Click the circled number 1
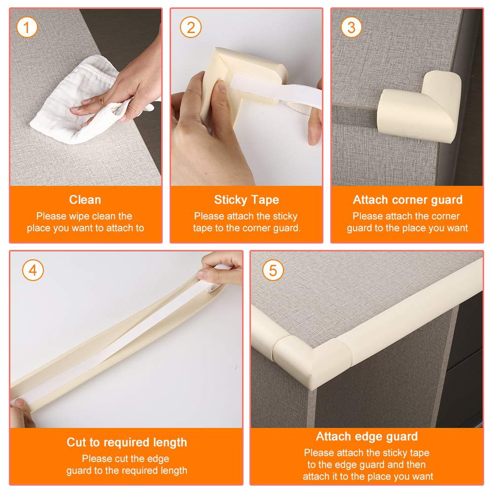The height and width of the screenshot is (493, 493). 27,27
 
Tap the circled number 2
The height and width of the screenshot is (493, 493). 190,27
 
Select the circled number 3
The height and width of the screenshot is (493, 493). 351,27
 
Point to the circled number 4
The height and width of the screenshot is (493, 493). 33,270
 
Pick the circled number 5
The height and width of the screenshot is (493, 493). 273,270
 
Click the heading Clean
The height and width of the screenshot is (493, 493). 85,200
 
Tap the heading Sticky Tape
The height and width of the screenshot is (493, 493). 246,200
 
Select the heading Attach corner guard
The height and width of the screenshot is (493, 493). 408,200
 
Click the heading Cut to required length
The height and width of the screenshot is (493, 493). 127,442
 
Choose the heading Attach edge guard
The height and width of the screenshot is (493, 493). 367,437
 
